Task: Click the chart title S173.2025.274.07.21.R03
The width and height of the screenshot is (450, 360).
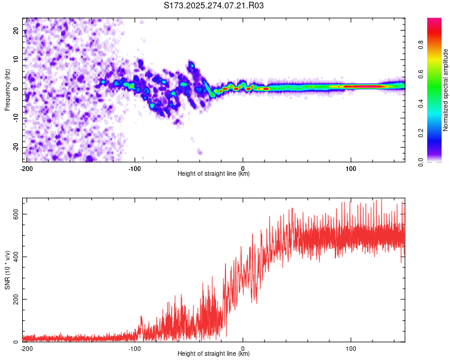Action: coord(214,5)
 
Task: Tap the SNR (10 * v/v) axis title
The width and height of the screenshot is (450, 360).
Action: coord(7,271)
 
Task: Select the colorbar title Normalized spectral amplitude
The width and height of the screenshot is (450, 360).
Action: coord(446,90)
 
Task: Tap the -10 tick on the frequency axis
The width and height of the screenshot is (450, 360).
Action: coord(16,118)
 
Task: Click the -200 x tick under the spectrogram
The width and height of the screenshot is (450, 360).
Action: coord(26,169)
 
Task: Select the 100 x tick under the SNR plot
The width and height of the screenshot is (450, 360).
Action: coord(351,349)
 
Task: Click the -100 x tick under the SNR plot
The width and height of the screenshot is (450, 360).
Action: coord(134,349)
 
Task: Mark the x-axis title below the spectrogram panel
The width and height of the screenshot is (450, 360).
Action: coord(214,174)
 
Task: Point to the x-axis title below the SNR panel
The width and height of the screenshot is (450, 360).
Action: coord(214,354)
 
